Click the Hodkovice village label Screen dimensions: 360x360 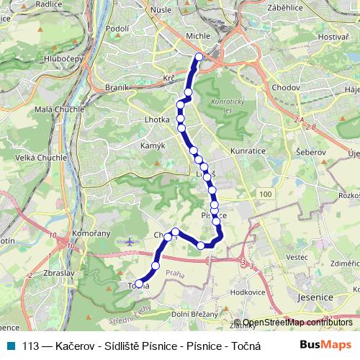pyautogui.click(x=248, y=292)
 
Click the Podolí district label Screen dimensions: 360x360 pyautogui.click(x=117, y=28)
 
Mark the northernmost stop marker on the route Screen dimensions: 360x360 pyautogui.click(x=199, y=56)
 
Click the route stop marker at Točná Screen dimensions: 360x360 pyautogui.click(x=137, y=284)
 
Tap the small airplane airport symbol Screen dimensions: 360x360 pyautogui.click(x=129, y=242)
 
